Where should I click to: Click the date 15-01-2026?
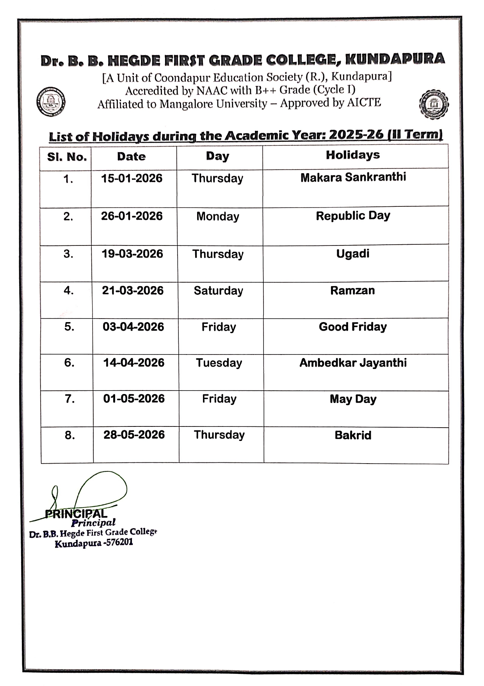tap(132, 178)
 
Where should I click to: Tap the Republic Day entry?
tap(353, 216)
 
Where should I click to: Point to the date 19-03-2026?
tap(132, 254)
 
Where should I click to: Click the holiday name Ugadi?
tap(352, 254)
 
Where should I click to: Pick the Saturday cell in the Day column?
tap(218, 290)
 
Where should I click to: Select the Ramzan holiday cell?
tap(352, 290)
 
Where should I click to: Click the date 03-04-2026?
tap(133, 327)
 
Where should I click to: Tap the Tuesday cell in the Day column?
tap(219, 363)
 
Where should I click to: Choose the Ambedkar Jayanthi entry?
tap(353, 363)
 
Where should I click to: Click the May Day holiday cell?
tap(353, 399)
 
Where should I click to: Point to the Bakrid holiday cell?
tap(353, 435)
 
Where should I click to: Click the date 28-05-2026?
tap(134, 435)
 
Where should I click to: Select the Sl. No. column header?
tap(67, 157)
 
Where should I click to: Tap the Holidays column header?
tap(353, 155)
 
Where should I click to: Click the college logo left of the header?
tap(50, 102)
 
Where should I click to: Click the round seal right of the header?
tap(434, 104)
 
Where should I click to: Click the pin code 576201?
tap(119, 543)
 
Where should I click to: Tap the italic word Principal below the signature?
tap(94, 523)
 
